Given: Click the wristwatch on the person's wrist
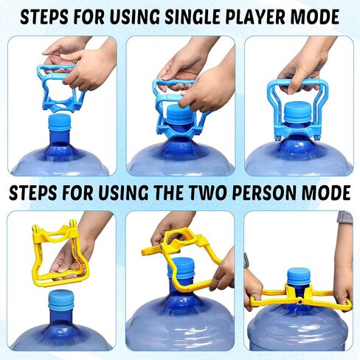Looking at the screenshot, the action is coord(246,260).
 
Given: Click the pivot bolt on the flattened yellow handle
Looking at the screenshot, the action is coord(300,300).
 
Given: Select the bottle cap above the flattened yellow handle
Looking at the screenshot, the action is coord(298,277).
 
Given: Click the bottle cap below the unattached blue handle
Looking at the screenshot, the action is coord(60,122).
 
